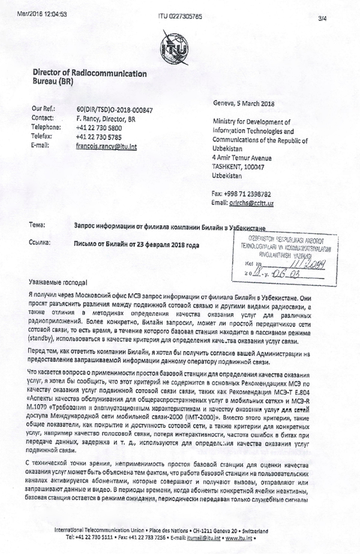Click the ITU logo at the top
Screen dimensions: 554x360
click(x=179, y=46)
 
